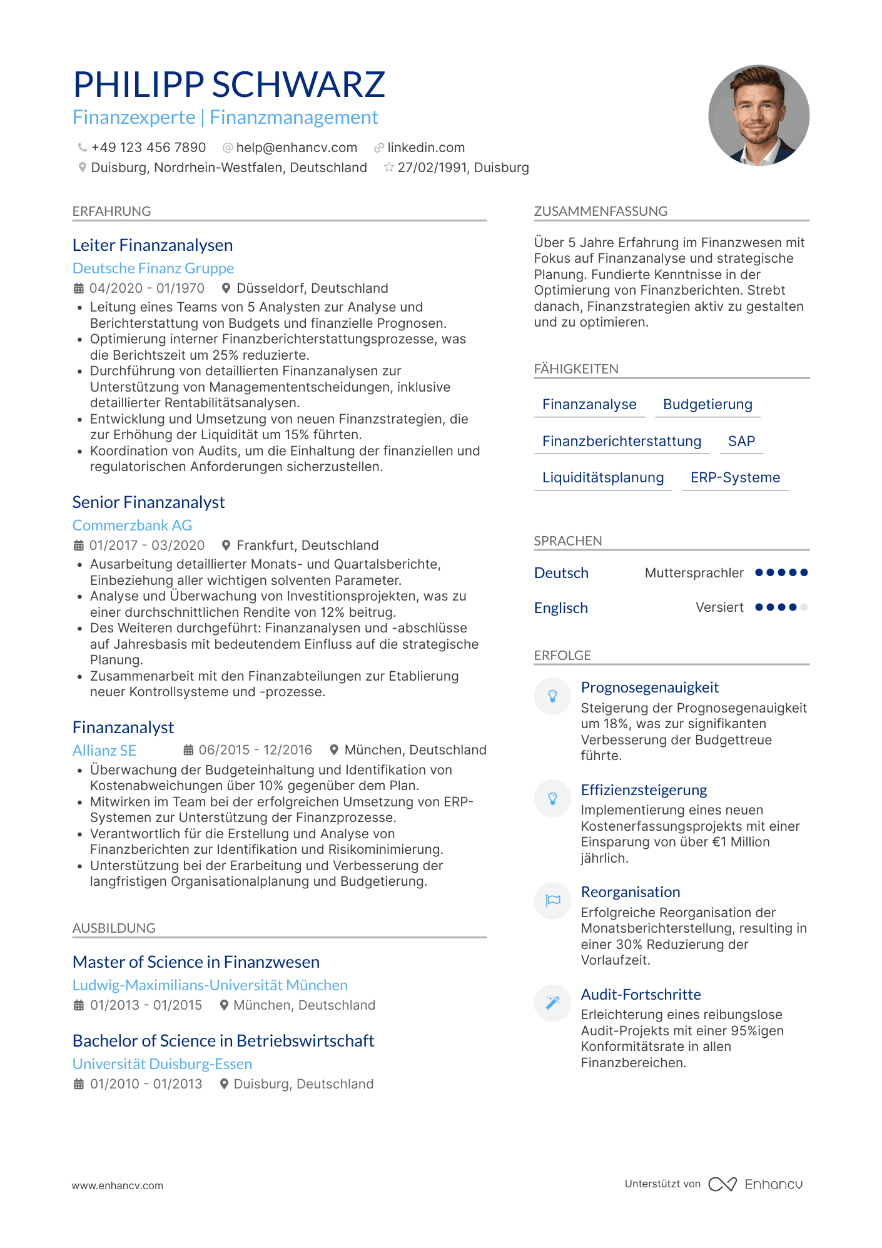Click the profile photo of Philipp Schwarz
click(758, 116)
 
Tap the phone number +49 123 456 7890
click(148, 148)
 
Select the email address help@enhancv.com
click(297, 148)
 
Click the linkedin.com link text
click(426, 148)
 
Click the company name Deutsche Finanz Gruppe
click(153, 268)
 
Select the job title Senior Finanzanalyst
click(149, 502)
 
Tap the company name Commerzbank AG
click(132, 525)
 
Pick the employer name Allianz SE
click(104, 751)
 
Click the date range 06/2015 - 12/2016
click(255, 750)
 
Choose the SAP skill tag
click(741, 441)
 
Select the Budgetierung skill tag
click(707, 405)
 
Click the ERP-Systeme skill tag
click(735, 478)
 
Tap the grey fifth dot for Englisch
click(804, 607)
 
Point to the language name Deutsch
click(561, 573)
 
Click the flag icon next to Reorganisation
click(553, 901)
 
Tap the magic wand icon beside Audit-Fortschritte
click(553, 1003)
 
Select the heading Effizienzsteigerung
click(644, 790)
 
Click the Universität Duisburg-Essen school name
click(163, 1064)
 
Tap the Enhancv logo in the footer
click(756, 1184)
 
